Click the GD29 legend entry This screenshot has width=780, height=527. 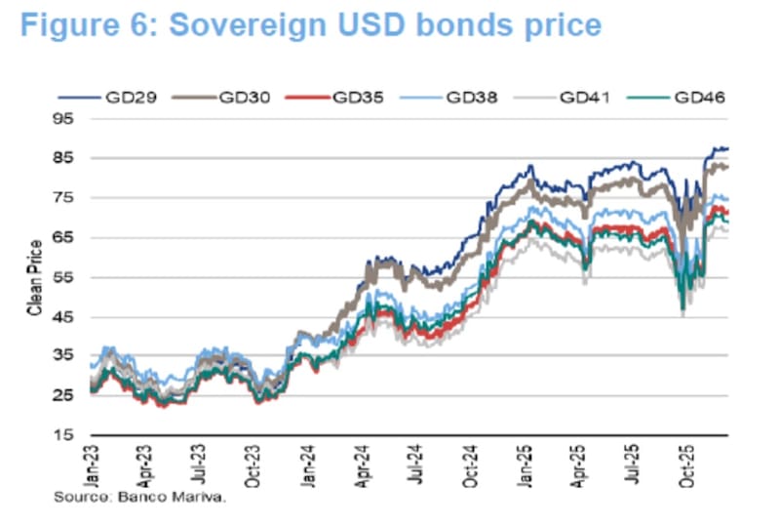point(137,98)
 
